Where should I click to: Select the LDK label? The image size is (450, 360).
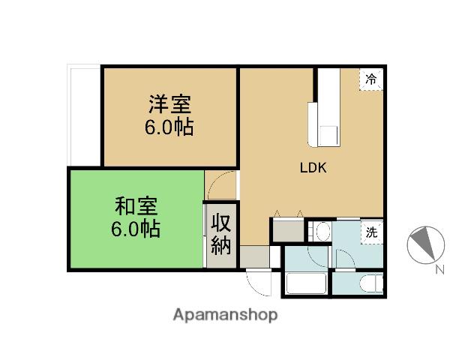click(313, 168)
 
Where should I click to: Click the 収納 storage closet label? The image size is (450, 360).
click(220, 233)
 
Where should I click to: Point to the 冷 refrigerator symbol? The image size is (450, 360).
click(370, 78)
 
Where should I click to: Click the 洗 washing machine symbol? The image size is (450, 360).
click(370, 232)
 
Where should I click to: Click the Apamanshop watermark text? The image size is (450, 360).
click(225, 315)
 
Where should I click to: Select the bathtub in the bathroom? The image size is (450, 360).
click(305, 286)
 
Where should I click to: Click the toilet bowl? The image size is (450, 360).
click(370, 285)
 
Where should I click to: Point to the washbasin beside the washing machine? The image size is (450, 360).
click(323, 231)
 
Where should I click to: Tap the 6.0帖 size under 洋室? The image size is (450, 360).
click(169, 127)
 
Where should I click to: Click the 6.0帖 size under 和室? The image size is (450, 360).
click(136, 229)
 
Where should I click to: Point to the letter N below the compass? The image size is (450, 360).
click(439, 269)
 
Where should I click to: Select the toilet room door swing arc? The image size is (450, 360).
click(344, 258)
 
